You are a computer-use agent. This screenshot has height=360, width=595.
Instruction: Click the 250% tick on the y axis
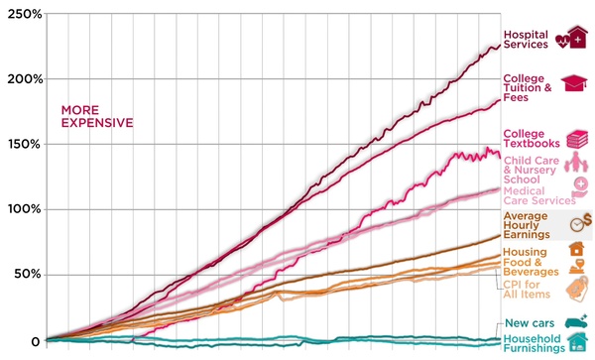(22, 14)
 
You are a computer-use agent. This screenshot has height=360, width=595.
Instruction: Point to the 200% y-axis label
(22, 79)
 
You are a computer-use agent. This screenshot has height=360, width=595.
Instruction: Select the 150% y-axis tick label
(22, 144)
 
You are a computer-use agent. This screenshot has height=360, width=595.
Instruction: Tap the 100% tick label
(22, 209)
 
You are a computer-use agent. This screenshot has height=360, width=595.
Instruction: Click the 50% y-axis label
(25, 274)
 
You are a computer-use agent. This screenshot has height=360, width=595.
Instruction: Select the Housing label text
(525, 252)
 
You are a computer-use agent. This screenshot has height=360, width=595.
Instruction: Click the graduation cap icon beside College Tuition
(574, 85)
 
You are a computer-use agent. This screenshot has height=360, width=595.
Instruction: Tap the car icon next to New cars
(576, 321)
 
